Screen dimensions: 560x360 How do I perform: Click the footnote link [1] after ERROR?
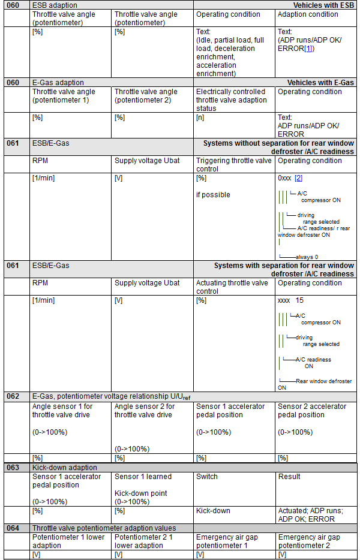click(x=308, y=48)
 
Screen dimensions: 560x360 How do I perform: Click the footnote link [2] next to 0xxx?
click(x=298, y=179)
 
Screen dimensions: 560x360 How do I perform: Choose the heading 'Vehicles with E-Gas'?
click(x=320, y=83)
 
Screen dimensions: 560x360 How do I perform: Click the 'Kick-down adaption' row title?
click(x=65, y=467)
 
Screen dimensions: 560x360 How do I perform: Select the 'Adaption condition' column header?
click(x=308, y=14)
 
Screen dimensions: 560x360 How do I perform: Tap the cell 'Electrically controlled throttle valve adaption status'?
click(x=231, y=100)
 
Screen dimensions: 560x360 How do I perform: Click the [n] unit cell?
click(x=200, y=118)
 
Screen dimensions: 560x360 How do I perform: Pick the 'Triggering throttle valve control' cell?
click(x=234, y=165)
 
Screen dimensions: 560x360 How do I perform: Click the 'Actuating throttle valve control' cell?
click(x=232, y=287)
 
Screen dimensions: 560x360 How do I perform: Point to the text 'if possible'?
click(x=213, y=195)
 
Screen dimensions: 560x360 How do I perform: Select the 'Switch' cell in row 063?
click(x=207, y=477)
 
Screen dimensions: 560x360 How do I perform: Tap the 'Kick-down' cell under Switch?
click(x=213, y=511)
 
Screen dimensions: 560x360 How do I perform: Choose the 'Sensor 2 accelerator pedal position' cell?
click(x=312, y=410)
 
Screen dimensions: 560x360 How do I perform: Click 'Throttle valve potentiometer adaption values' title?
click(x=104, y=528)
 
